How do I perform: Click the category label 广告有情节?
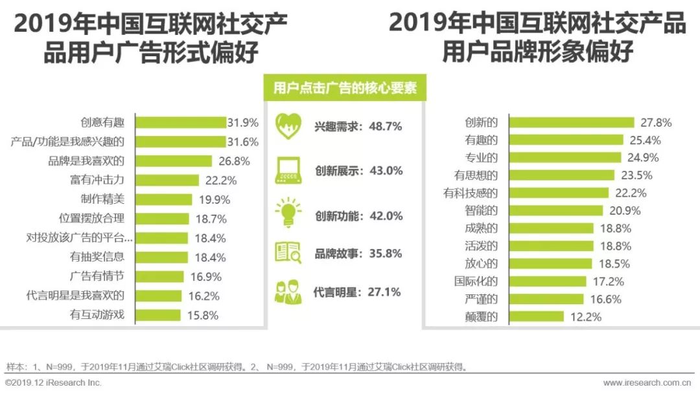[x=97, y=276]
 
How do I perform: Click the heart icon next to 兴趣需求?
[x=287, y=126]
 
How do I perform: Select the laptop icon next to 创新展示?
[x=287, y=170]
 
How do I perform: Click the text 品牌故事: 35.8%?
[x=358, y=254]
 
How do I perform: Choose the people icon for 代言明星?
[x=287, y=291]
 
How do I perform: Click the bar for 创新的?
[x=571, y=122]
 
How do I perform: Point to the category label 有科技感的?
[x=471, y=192]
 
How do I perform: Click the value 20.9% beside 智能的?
[x=625, y=210]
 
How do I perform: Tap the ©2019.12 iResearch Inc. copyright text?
[x=53, y=383]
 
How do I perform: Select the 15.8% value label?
[x=203, y=316]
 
